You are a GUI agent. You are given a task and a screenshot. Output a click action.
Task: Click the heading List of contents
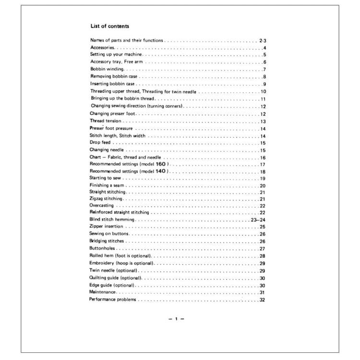109,26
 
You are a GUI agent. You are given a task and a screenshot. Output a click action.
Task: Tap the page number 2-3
262,40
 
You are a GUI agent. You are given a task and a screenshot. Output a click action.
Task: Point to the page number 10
264,91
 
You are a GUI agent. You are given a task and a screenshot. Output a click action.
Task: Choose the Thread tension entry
106,121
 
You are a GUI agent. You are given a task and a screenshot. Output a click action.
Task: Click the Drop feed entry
100,143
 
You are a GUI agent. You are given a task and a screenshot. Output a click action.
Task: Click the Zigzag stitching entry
106,198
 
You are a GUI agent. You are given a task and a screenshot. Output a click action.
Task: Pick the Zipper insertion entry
106,226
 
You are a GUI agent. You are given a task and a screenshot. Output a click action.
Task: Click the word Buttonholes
102,249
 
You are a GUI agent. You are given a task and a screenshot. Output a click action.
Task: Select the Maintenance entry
102,292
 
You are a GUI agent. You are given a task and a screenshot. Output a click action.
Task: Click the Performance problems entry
113,300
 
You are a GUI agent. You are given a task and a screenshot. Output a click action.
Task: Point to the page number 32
262,300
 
